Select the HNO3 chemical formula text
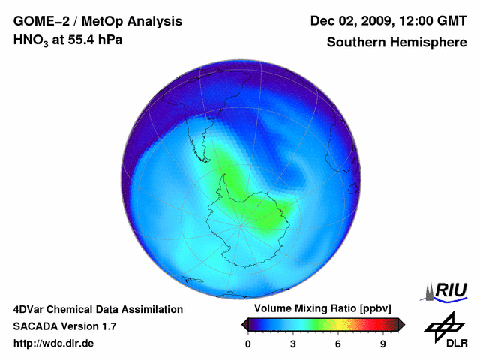pyautogui.click(x=33, y=40)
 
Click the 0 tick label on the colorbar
pyautogui.click(x=248, y=343)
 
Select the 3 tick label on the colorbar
pyautogui.click(x=293, y=343)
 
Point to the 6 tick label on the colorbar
pyautogui.click(x=338, y=343)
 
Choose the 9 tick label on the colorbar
pyautogui.click(x=383, y=343)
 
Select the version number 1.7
pyautogui.click(x=108, y=326)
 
